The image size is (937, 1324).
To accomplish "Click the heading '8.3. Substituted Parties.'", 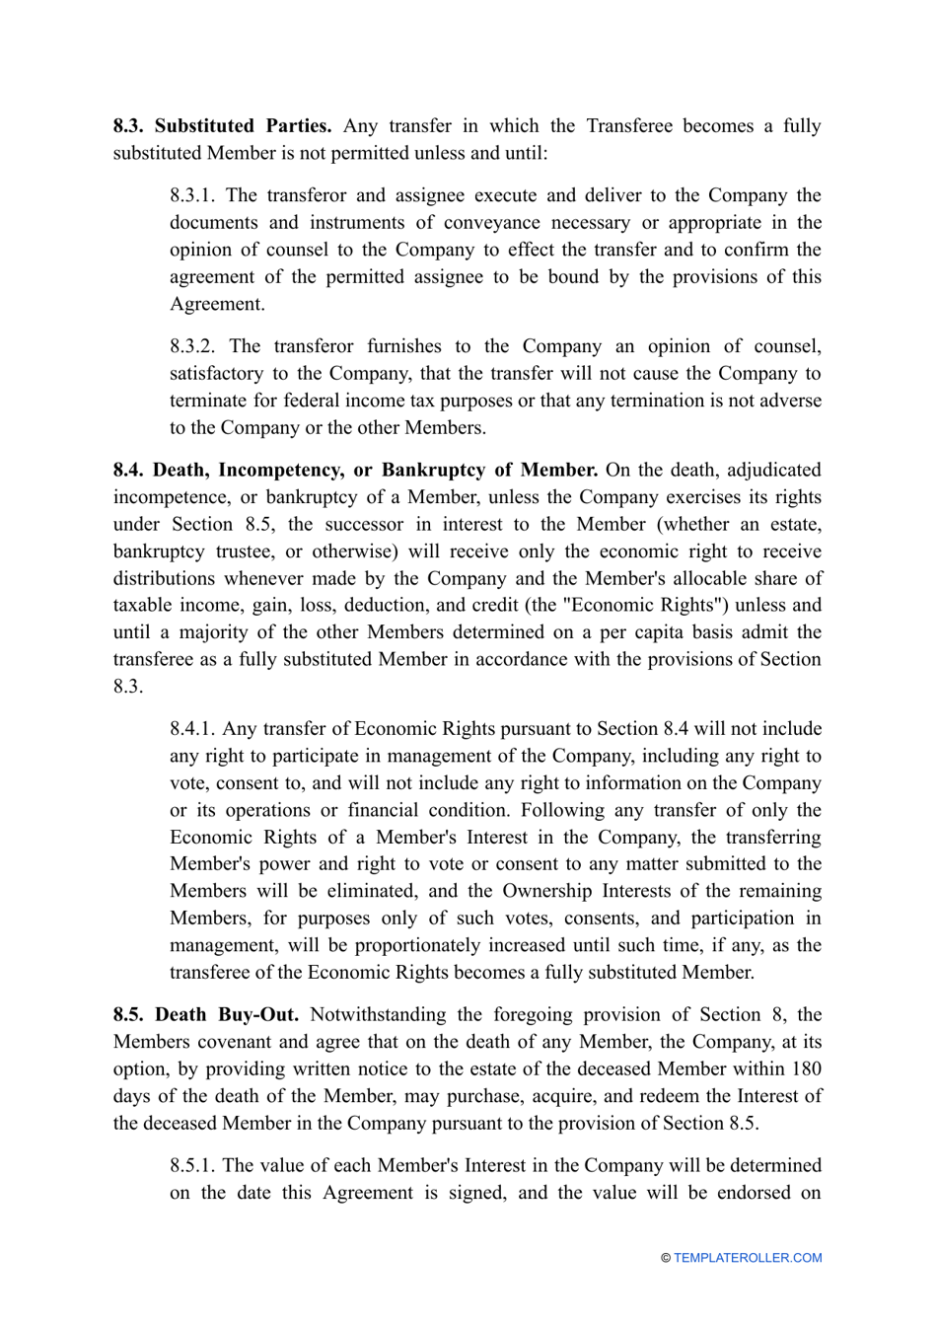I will [x=222, y=126].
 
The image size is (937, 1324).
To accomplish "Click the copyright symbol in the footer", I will [x=666, y=1258].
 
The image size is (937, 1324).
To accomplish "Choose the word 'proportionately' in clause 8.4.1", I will [x=430, y=945].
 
